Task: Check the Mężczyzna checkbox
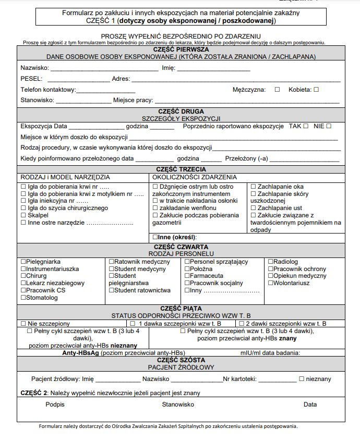point(277,90)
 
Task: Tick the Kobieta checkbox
point(316,90)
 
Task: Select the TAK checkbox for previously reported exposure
point(306,126)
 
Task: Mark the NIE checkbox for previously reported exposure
point(329,126)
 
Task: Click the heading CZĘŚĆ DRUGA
point(181,111)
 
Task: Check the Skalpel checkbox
point(23,215)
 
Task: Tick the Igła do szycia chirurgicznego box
point(23,208)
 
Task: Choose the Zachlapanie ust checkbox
point(254,208)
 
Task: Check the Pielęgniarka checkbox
point(23,262)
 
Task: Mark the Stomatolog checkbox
point(23,298)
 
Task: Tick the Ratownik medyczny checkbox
point(111,262)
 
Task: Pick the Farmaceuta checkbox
point(187,276)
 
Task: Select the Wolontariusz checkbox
point(270,283)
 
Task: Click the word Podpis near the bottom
point(55,404)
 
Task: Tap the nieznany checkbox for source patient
point(302,379)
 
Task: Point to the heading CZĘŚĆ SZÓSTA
point(181,360)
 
